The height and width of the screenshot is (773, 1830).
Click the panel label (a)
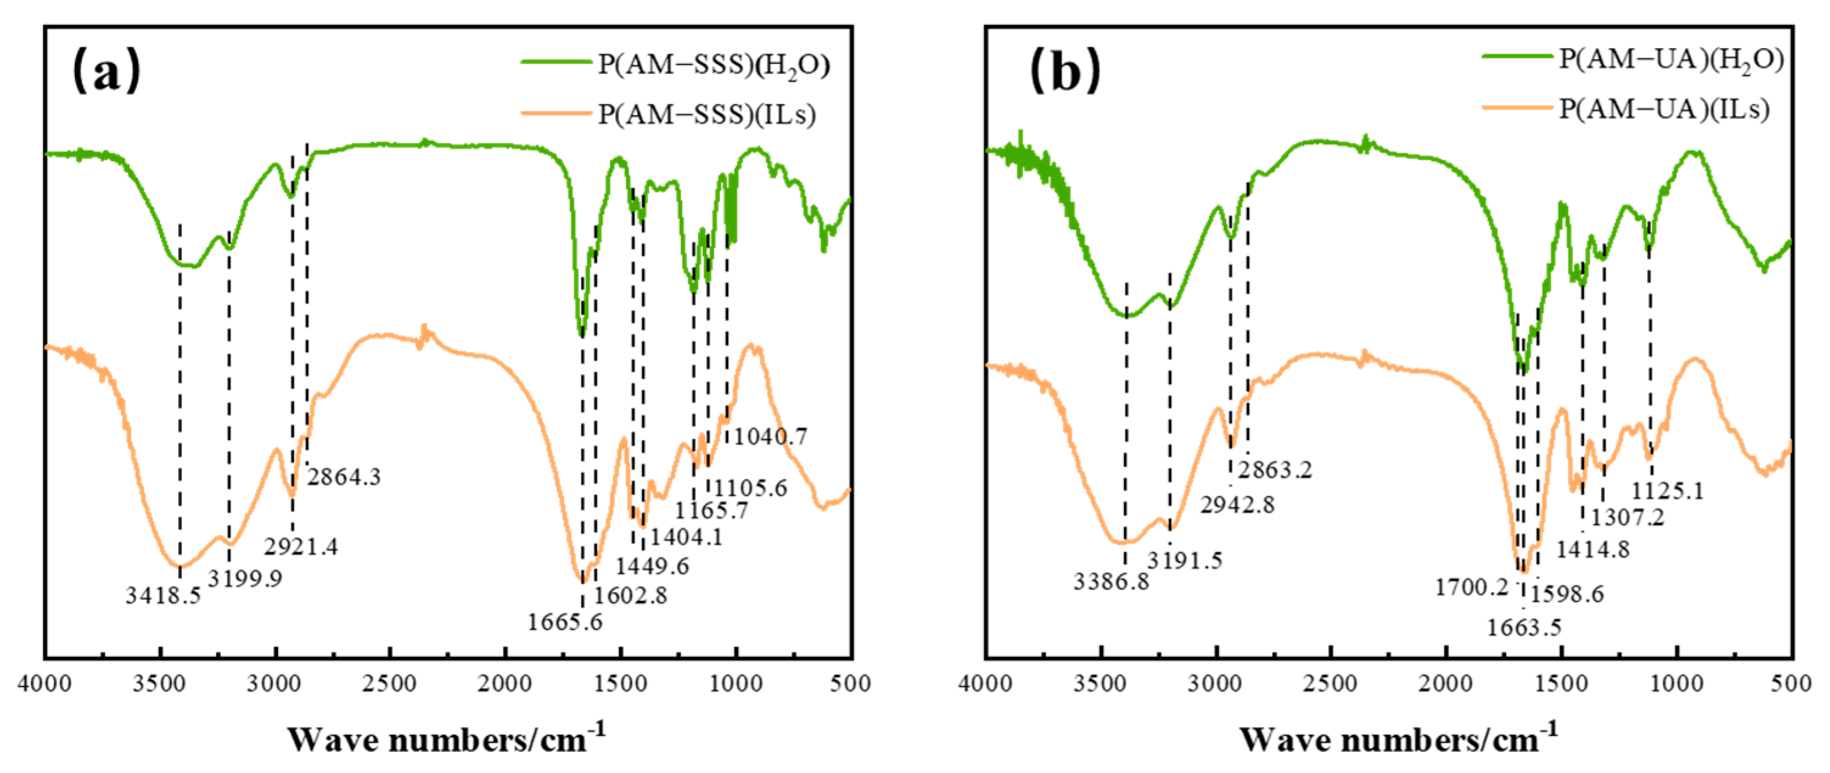[x=106, y=71]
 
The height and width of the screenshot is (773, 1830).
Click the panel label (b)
[x=1065, y=71]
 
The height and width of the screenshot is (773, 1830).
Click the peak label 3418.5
[x=164, y=595]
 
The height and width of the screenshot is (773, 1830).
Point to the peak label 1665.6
[x=565, y=622]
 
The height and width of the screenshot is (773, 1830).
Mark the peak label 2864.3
[x=344, y=477]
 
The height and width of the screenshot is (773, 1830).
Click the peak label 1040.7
[x=770, y=436]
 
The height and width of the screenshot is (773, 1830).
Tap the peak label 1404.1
[x=686, y=537]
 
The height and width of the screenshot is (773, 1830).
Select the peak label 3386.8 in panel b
[x=1111, y=582]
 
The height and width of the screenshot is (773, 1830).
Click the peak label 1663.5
[x=1524, y=628]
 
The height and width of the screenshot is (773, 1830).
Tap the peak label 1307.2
[x=1627, y=517]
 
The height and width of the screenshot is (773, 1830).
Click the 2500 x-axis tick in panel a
[x=389, y=684]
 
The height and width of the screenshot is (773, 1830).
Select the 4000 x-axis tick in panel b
[x=986, y=684]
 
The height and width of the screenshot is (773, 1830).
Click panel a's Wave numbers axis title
[x=446, y=739]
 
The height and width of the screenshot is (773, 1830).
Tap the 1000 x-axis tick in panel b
[x=1677, y=684]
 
